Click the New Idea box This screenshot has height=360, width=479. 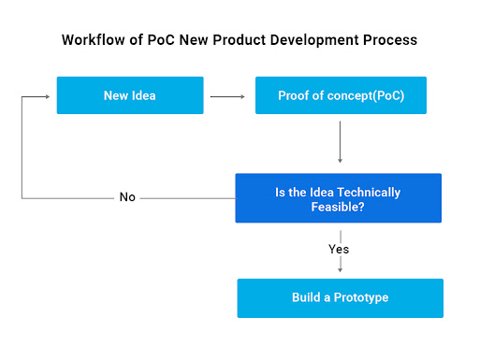[x=130, y=95]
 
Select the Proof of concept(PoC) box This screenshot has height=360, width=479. [x=341, y=95]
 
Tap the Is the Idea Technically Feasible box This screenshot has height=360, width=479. [x=338, y=199]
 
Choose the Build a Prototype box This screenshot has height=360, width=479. [x=340, y=298]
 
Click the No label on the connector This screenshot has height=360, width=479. [x=127, y=198]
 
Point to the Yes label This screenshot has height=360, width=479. [x=339, y=250]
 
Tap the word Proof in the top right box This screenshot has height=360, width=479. [x=294, y=95]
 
